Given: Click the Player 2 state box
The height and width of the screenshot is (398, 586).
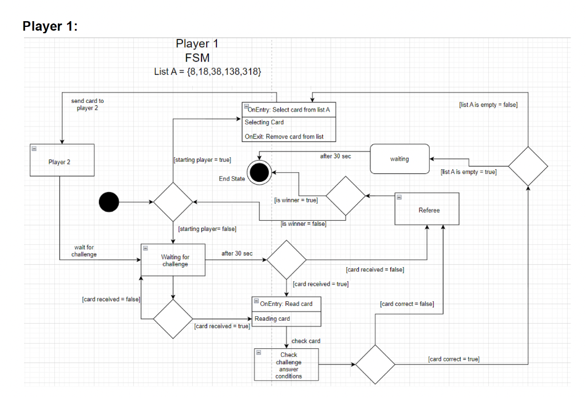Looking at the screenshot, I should pyautogui.click(x=60, y=162).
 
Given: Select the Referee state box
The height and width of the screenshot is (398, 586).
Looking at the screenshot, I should pyautogui.click(x=429, y=210).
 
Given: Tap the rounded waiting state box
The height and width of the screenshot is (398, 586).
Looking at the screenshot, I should pyautogui.click(x=399, y=159).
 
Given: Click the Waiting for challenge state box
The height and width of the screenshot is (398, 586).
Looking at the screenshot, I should pyautogui.click(x=175, y=260).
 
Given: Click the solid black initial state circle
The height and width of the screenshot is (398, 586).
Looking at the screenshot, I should pyautogui.click(x=109, y=202).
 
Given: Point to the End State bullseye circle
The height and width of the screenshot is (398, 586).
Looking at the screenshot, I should pyautogui.click(x=259, y=172).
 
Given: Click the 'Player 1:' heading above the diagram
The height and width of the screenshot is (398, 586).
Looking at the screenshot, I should pyautogui.click(x=50, y=26).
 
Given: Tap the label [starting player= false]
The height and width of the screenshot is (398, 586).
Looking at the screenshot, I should pyautogui.click(x=207, y=229).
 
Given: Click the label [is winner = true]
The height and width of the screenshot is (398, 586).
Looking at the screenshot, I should pyautogui.click(x=296, y=200).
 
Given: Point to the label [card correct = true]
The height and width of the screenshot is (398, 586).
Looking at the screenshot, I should pyautogui.click(x=454, y=359).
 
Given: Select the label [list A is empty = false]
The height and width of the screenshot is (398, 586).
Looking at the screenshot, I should pyautogui.click(x=488, y=105).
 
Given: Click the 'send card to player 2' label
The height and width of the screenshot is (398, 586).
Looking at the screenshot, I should pyautogui.click(x=87, y=104).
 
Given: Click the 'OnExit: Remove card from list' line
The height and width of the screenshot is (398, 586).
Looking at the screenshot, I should pyautogui.click(x=284, y=137).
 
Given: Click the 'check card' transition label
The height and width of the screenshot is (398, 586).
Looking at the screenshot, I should pyautogui.click(x=306, y=341).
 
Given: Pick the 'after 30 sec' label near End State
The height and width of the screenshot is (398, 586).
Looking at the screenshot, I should pyautogui.click(x=335, y=156).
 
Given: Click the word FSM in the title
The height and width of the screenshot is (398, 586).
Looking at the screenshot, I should pyautogui.click(x=197, y=58).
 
